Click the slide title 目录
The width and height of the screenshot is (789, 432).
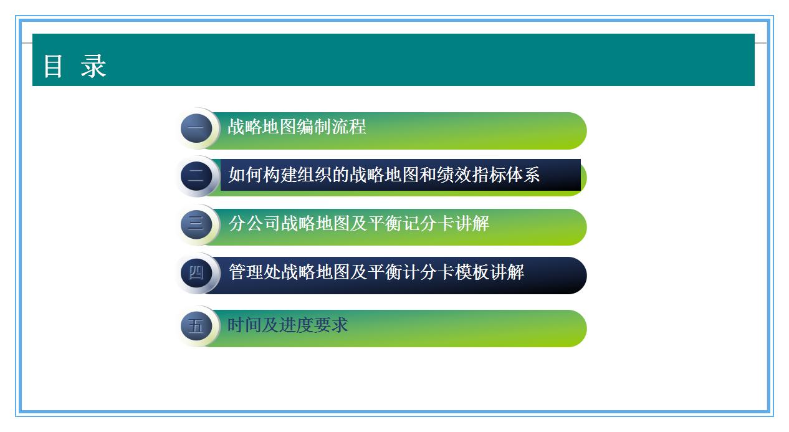point(75,66)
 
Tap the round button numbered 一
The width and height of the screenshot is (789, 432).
point(196,129)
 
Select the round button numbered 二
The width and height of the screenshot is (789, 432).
point(196,176)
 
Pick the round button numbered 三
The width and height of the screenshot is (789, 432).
point(196,224)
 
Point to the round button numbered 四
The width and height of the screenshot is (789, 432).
point(196,272)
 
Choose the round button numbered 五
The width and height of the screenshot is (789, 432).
point(196,326)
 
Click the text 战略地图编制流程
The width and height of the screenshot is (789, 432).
point(297,127)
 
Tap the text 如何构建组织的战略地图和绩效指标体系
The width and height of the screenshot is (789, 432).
point(384,175)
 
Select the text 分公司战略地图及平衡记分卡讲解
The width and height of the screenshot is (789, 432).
point(359,223)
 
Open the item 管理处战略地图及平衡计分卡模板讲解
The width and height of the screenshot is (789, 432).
point(376,272)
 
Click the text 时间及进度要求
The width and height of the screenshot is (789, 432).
point(288,325)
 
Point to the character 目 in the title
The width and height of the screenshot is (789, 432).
point(53,66)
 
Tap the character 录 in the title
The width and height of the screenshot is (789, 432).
point(94,66)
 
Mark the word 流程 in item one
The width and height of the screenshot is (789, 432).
point(349,127)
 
